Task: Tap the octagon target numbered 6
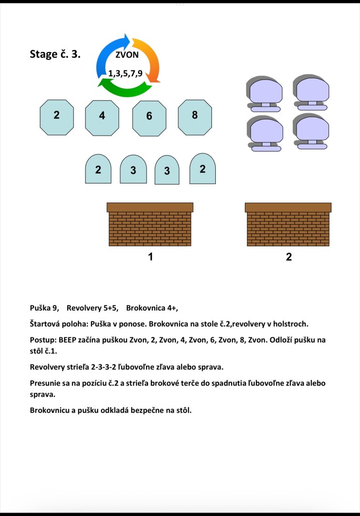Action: pos(149,118)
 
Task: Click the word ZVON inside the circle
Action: pos(127,54)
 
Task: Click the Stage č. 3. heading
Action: pos(55,54)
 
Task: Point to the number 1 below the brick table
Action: pos(150,257)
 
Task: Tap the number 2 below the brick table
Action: pos(288,257)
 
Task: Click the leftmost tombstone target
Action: pos(98,169)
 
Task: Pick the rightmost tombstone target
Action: pos(202,169)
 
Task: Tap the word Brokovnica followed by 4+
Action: pos(144,308)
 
